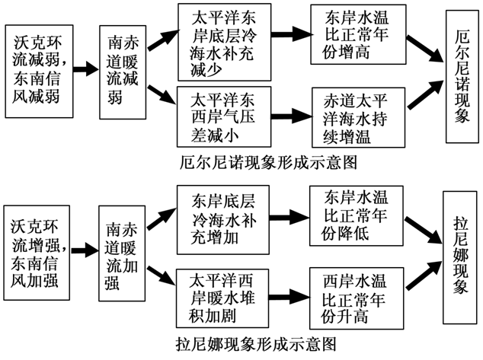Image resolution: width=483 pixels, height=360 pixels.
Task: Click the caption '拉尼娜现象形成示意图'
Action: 259,345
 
